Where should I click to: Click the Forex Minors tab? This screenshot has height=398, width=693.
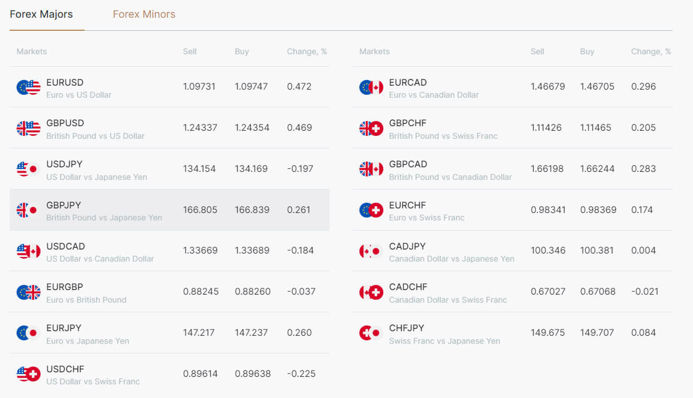[x=144, y=14]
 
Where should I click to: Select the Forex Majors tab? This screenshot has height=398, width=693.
[x=41, y=14]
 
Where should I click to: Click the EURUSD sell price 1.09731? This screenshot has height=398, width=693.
[x=199, y=87]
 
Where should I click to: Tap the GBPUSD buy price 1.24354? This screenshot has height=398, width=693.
[x=252, y=128]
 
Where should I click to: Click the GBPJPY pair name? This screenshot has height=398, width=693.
[x=63, y=205]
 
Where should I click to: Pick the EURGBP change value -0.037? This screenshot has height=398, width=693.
[x=301, y=292]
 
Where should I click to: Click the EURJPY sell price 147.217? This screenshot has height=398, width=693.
[x=199, y=333]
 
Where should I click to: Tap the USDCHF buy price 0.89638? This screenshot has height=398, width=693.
[x=253, y=374]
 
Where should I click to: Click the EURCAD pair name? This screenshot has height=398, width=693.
[x=408, y=82]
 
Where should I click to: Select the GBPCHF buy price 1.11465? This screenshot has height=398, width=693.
[x=598, y=128]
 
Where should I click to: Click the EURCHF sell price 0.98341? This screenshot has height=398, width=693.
[x=548, y=210]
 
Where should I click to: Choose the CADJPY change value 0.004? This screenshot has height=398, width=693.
[x=643, y=251]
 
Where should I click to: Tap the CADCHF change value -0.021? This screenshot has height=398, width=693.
[x=645, y=292]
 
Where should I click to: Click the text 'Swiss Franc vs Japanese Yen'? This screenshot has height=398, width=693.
[x=444, y=341]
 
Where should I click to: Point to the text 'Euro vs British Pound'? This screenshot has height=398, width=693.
[x=86, y=300]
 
